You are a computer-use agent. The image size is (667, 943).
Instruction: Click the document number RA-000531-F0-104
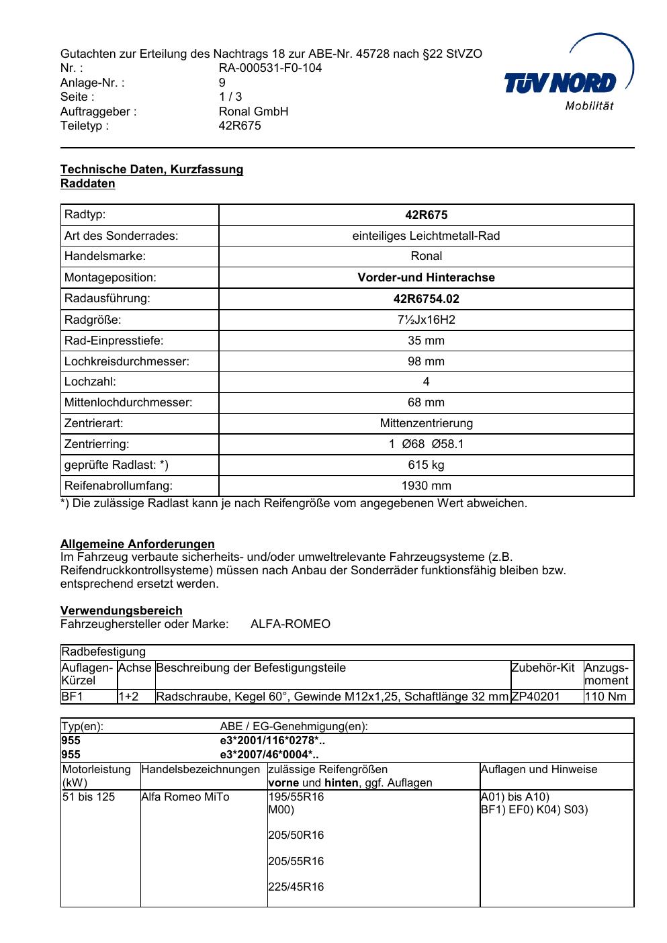click(x=270, y=68)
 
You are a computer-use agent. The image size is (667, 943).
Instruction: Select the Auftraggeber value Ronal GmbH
click(x=253, y=111)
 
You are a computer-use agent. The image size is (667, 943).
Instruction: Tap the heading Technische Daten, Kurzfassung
click(x=152, y=169)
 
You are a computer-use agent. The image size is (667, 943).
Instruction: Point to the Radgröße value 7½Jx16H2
click(x=426, y=320)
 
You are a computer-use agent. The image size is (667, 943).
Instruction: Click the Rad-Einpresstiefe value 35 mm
click(x=426, y=341)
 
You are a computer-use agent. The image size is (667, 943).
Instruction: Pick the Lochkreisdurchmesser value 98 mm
click(x=426, y=361)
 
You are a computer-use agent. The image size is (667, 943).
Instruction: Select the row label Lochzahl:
click(x=90, y=381)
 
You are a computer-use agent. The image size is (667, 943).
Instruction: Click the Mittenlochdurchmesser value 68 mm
click(x=426, y=402)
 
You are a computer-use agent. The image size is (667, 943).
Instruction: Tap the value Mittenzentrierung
click(x=426, y=423)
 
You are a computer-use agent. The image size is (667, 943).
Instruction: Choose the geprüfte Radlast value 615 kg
click(x=426, y=465)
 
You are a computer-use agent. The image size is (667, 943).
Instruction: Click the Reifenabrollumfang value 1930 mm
click(x=426, y=486)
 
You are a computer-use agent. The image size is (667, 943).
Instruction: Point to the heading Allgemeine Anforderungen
click(x=138, y=544)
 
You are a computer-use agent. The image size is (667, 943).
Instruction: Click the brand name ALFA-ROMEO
click(x=290, y=624)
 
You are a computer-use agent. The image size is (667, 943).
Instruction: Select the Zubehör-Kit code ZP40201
click(x=535, y=697)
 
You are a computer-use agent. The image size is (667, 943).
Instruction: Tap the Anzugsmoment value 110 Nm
click(x=605, y=697)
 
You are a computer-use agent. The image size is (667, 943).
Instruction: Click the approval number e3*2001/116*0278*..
click(x=272, y=741)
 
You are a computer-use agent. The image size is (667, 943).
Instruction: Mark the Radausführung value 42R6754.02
click(x=426, y=299)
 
